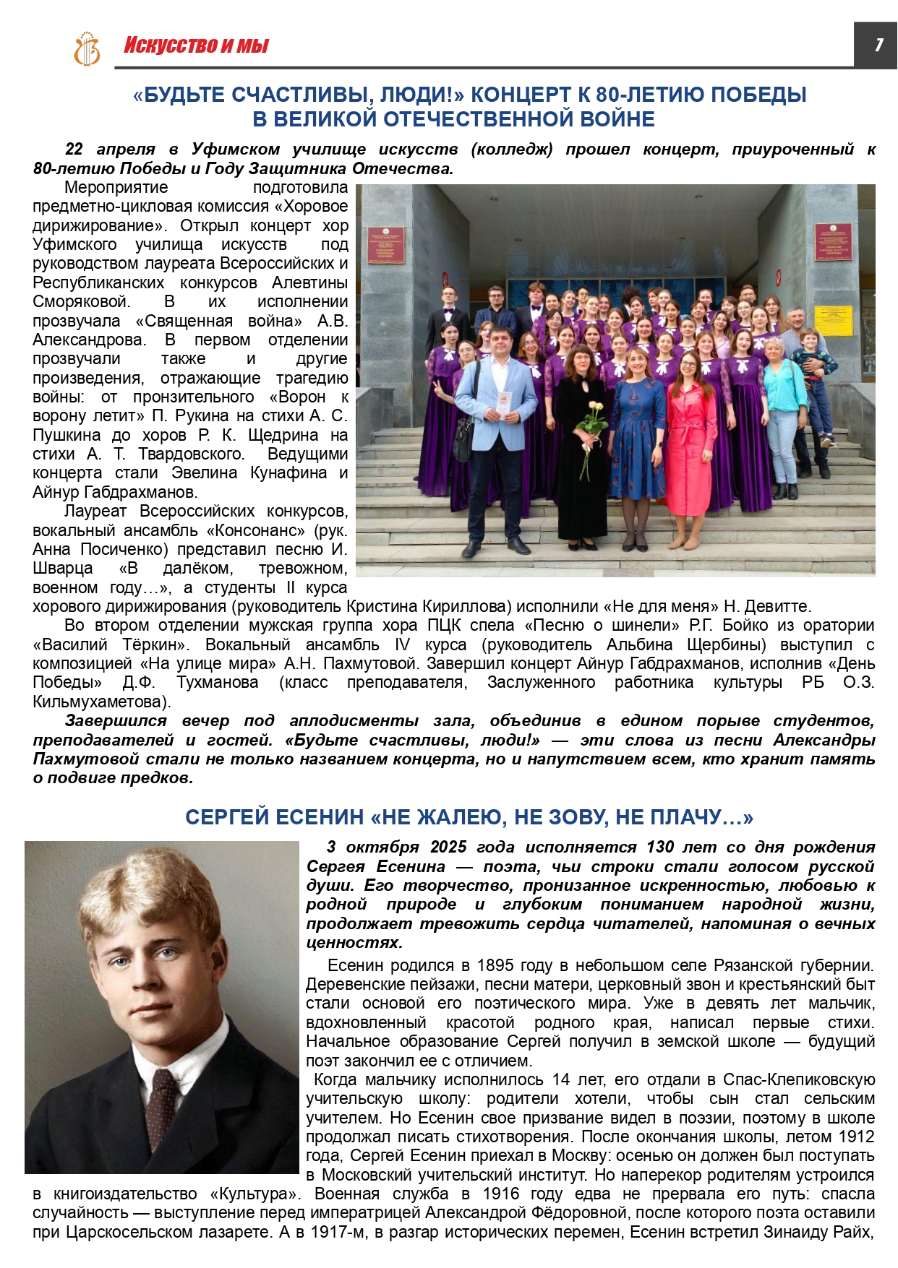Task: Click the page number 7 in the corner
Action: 878,45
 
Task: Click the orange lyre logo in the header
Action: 87,48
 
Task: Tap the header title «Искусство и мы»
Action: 196,46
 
